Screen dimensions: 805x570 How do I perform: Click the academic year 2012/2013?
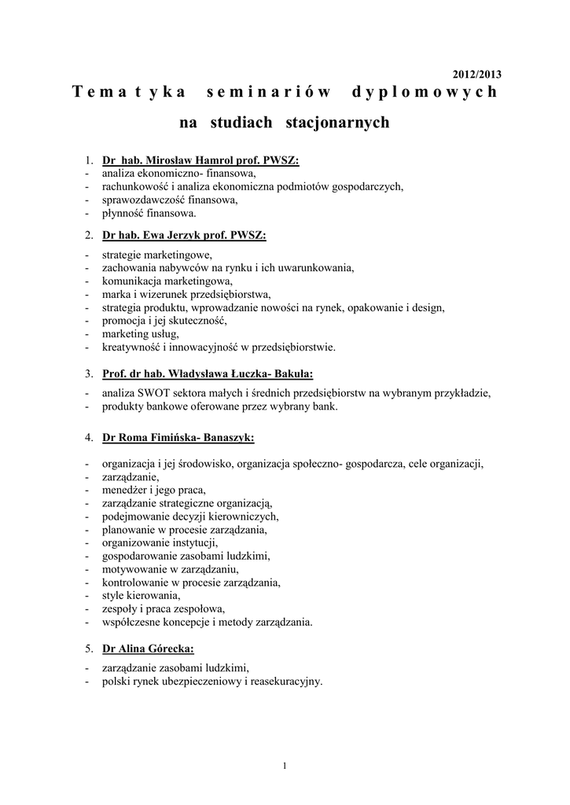click(477, 75)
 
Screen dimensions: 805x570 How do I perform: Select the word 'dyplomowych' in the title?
click(425, 93)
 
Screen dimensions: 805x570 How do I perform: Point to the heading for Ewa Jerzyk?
click(184, 234)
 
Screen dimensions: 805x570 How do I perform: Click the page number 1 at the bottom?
click(285, 766)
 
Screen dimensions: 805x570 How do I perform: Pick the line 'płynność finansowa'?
click(149, 212)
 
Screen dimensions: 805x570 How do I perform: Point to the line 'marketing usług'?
click(140, 333)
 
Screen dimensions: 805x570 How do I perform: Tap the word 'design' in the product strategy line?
click(428, 307)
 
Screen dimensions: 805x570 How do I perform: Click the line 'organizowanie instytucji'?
click(160, 542)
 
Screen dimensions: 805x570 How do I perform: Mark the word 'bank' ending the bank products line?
click(324, 406)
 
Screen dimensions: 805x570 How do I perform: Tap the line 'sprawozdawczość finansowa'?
click(169, 200)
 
